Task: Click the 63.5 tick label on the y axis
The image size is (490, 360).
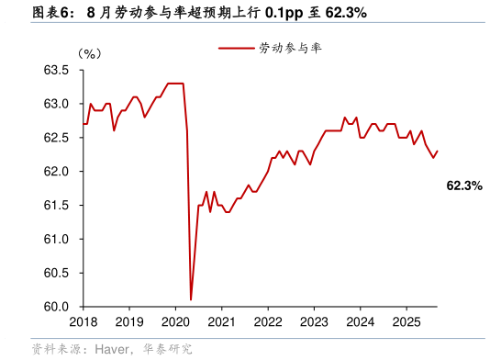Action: pos(57,70)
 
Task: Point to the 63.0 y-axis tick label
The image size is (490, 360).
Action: pos(57,104)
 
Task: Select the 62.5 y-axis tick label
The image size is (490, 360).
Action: pos(57,138)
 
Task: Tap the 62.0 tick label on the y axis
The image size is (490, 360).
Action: pos(57,172)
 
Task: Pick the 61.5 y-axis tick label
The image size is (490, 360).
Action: pos(57,206)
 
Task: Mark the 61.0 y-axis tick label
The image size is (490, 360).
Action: pos(57,240)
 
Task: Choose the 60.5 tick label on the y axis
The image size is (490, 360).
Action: pos(57,274)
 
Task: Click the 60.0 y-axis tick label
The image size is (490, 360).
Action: pos(57,308)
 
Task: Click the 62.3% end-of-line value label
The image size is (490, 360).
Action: pos(464,186)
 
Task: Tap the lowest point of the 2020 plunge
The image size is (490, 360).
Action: pos(191,299)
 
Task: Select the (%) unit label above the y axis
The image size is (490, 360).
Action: pos(89,53)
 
